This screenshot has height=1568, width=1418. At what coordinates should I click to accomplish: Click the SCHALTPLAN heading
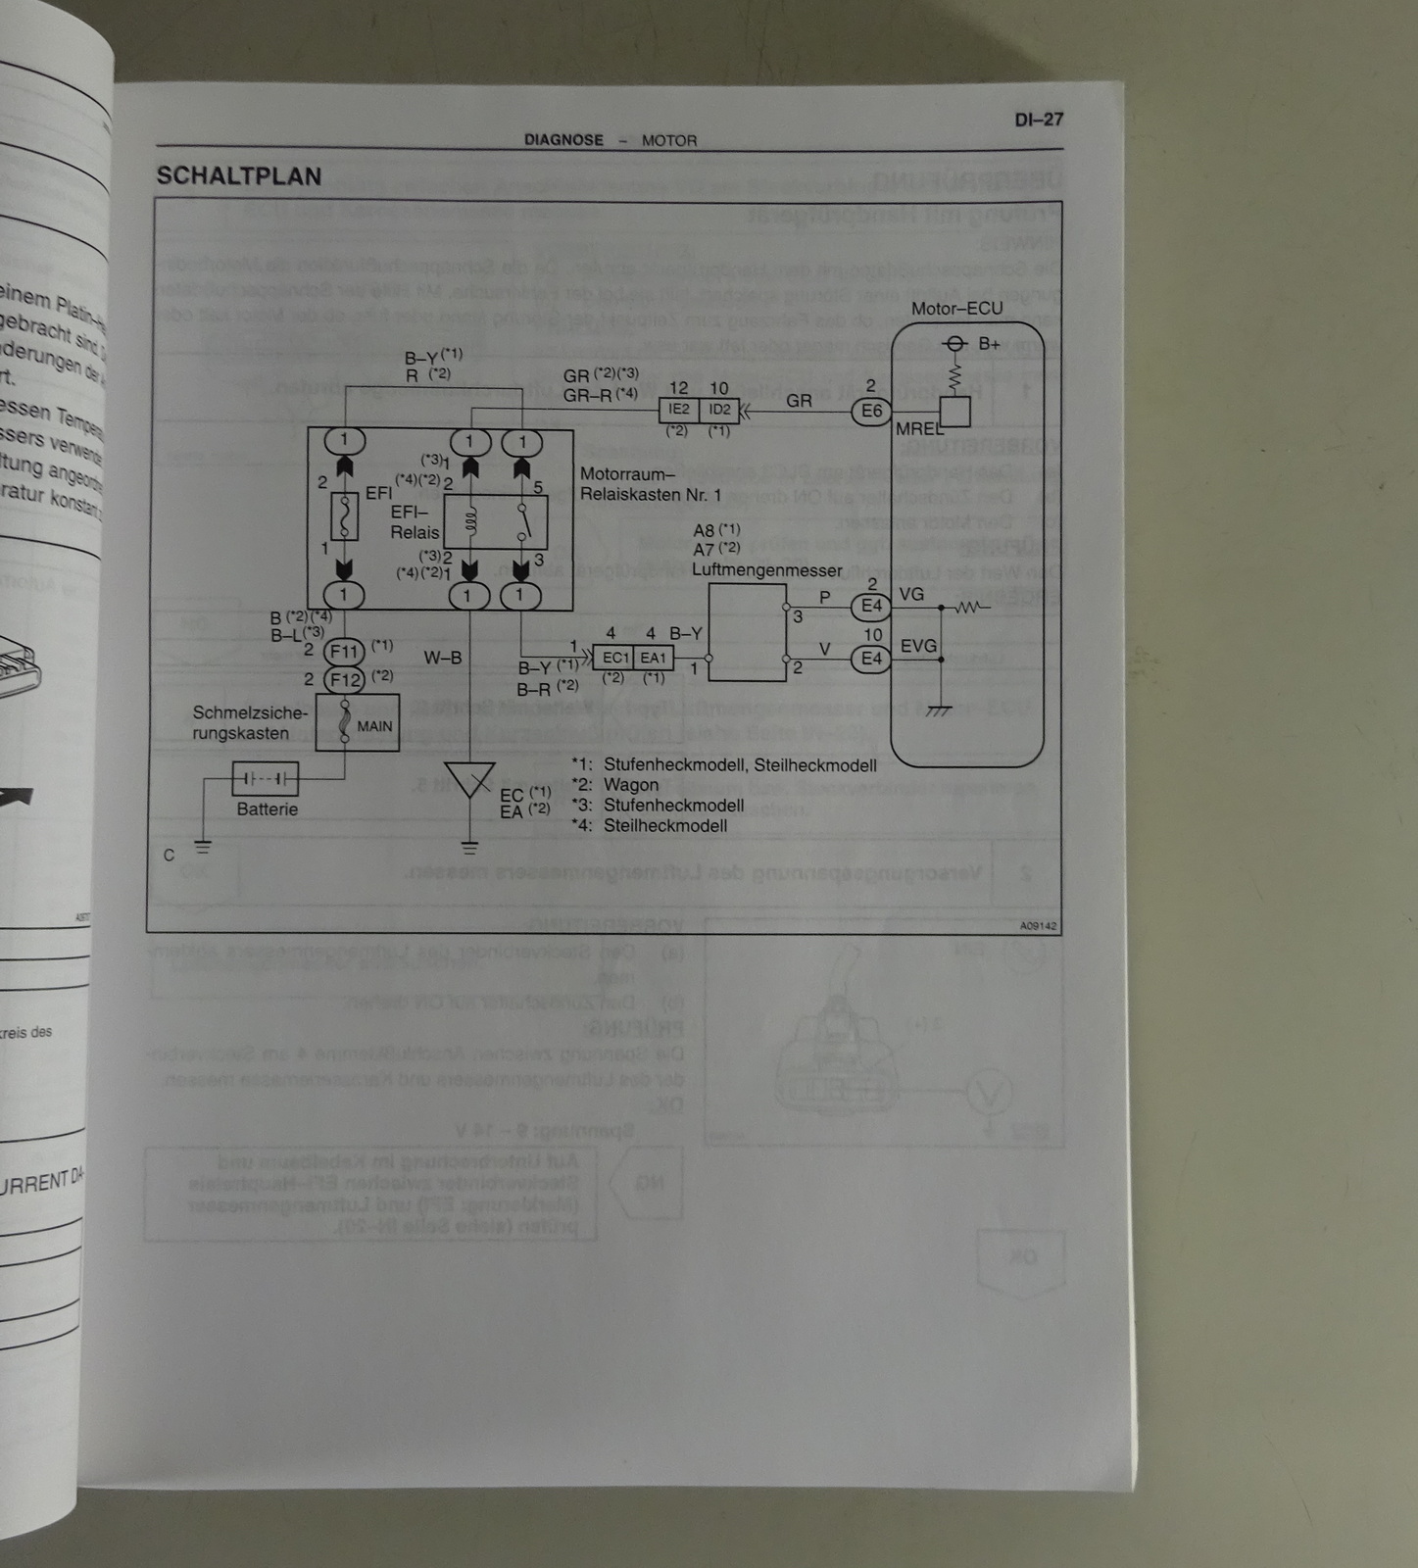coord(238,176)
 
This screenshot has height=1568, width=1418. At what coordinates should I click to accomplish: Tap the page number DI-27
coord(1038,120)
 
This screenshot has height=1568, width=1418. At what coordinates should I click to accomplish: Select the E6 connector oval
coord(871,412)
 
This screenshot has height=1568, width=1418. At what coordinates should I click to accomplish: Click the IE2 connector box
coord(679,410)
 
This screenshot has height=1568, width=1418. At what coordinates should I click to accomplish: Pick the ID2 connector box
coord(719,410)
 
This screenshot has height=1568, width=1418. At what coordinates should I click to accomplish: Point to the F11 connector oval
coord(345,651)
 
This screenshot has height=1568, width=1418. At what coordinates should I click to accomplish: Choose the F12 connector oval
coord(345,679)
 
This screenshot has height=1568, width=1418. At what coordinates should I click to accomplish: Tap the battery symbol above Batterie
coord(266,780)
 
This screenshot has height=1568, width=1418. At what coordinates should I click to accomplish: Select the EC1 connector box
coord(614,658)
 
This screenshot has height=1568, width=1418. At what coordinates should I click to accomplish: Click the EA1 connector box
coord(653,658)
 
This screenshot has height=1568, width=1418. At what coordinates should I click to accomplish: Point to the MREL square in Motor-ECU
coord(954,413)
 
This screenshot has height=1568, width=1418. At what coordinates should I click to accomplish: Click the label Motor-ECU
coord(956,309)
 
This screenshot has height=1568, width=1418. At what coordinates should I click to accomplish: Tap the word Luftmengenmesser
coord(766,569)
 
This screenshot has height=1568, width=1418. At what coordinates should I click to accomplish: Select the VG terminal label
coord(911,595)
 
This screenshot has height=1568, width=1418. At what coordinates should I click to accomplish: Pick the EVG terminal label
coord(918,647)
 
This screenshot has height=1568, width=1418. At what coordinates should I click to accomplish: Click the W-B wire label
coord(443,659)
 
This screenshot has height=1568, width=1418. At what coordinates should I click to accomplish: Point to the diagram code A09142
coord(1037,925)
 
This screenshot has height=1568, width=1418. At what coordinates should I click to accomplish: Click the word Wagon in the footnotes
coord(631,785)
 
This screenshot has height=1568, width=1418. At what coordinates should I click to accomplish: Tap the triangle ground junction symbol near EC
coord(469,779)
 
